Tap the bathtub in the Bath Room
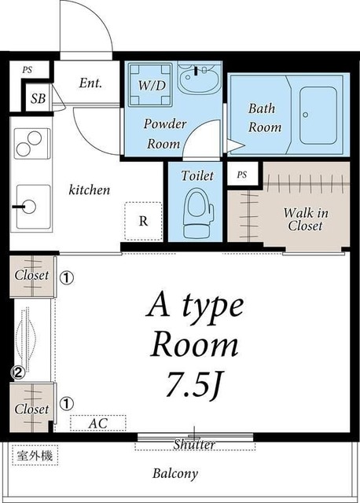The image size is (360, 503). pyautogui.click(x=318, y=116)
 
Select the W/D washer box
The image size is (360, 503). pyautogui.click(x=149, y=85)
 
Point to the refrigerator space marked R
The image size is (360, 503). pyautogui.click(x=143, y=221)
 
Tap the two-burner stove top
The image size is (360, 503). pyautogui.click(x=31, y=143)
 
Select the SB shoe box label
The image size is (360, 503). pyautogui.click(x=38, y=98)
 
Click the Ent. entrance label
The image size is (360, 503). pyautogui.click(x=90, y=83)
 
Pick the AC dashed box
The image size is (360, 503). pyautogui.click(x=98, y=423)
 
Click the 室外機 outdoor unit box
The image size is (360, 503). pyautogui.click(x=35, y=455)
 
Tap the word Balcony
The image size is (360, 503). pyautogui.click(x=175, y=474)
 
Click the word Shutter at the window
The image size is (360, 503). pyautogui.click(x=194, y=445)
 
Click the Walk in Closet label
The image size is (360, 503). pyautogui.click(x=305, y=219)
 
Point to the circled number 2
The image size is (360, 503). pyautogui.click(x=18, y=373)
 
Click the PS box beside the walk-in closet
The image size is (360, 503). pyautogui.click(x=243, y=174)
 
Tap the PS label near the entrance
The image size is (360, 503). pyautogui.click(x=28, y=70)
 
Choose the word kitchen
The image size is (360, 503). pyautogui.click(x=89, y=189)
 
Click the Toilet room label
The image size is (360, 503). pyautogui.click(x=197, y=175)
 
